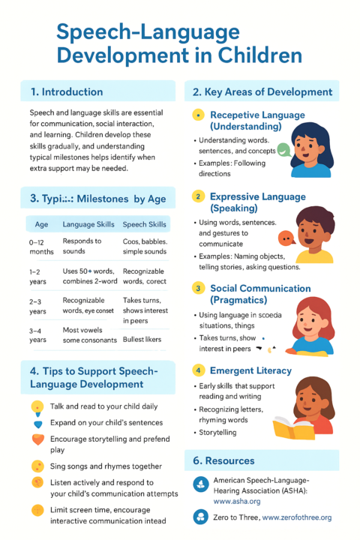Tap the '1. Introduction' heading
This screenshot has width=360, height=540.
67,92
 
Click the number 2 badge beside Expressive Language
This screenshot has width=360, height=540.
198,196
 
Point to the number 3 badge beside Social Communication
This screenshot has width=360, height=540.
198,288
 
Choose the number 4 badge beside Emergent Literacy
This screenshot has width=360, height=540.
198,370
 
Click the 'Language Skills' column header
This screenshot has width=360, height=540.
88,224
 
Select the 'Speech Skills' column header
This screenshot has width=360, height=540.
145,224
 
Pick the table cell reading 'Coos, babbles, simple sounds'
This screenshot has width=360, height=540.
145,247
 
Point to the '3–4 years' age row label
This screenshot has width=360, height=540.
37,334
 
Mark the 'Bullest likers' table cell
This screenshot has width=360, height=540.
142,339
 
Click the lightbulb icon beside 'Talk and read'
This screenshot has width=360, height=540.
37,406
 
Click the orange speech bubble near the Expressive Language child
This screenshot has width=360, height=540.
285,239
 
